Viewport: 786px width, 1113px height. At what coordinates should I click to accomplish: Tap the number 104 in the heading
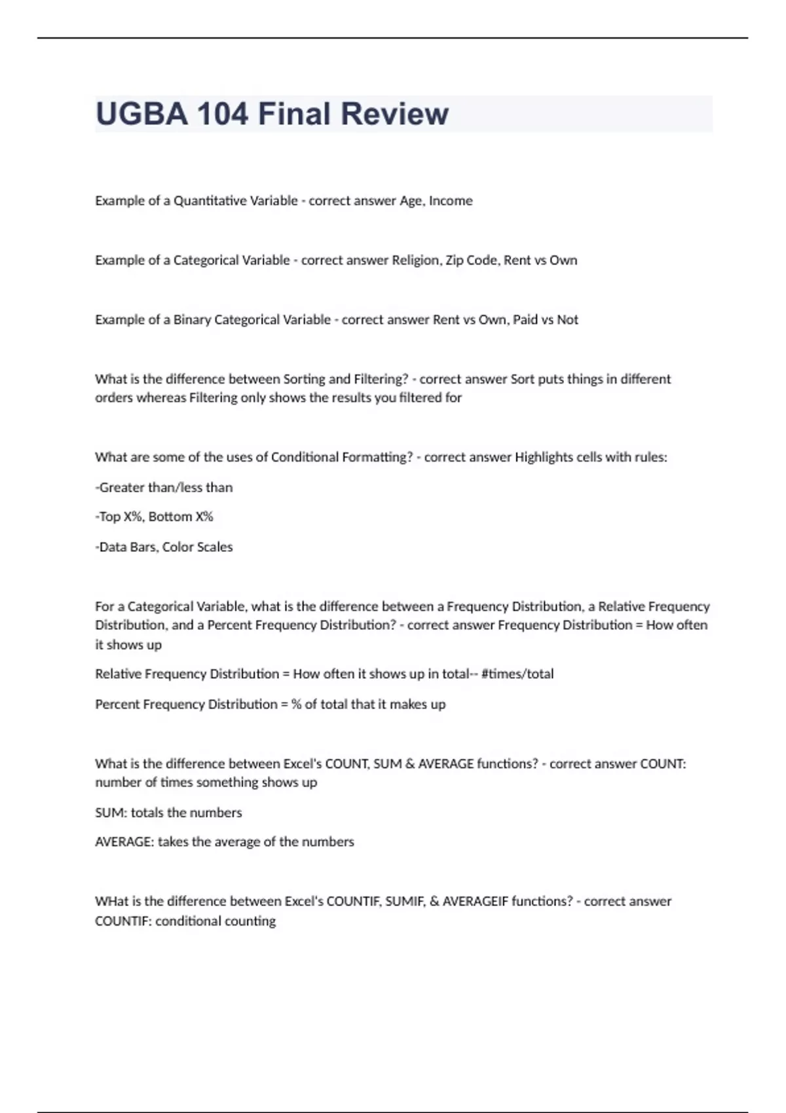point(223,114)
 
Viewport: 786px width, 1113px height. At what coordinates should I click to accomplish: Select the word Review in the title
point(394,114)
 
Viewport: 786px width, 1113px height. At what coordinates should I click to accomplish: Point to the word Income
point(451,201)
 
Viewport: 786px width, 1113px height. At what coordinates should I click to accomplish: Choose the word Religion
point(415,261)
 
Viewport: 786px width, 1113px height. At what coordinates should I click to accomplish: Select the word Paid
point(525,320)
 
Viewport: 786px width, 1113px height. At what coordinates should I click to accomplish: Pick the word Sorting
point(304,379)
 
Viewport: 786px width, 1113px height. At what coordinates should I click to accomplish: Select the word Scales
point(215,547)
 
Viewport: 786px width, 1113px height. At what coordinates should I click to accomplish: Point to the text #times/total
point(517,674)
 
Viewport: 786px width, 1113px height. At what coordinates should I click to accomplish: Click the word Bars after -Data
point(142,547)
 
